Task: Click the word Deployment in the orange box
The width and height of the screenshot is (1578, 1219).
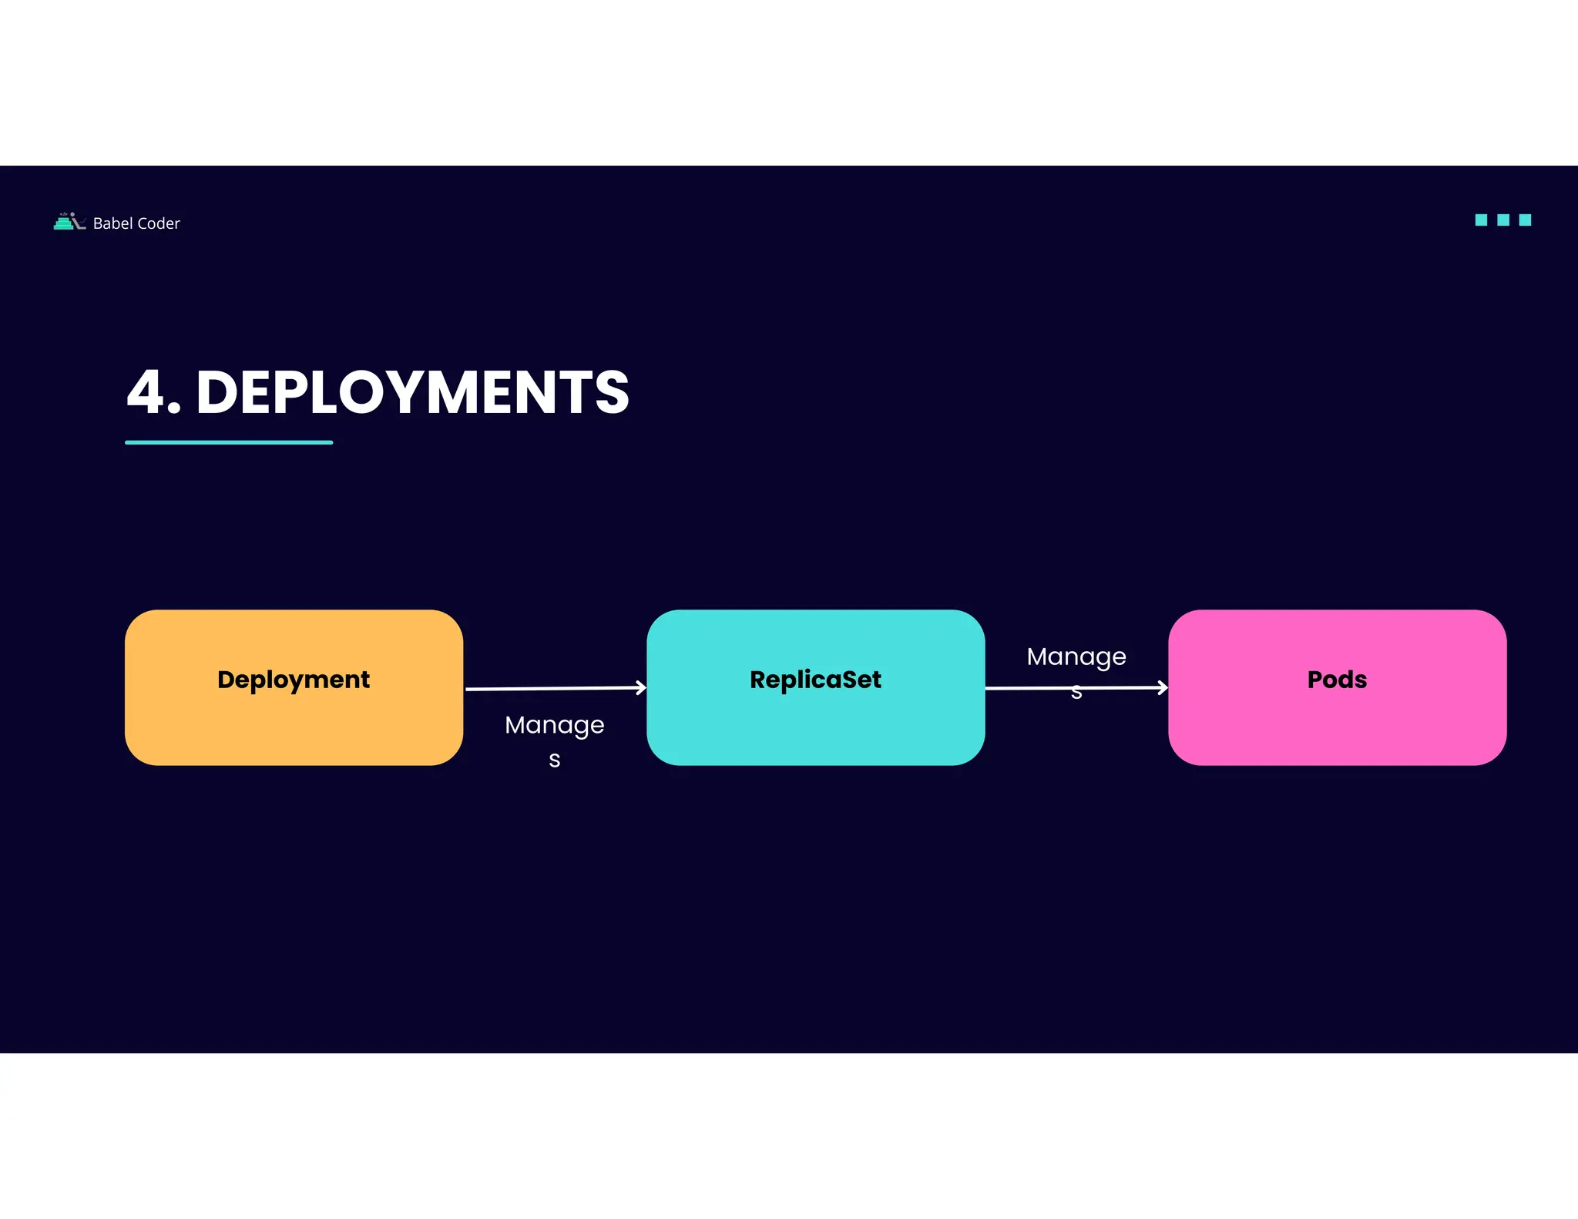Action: point(293,680)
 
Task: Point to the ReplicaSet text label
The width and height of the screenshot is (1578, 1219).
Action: point(815,680)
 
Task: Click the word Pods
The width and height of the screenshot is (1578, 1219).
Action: point(1337,680)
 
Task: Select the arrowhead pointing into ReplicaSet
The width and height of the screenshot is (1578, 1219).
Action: point(641,687)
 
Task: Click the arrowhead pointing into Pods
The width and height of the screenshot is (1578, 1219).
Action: point(1163,687)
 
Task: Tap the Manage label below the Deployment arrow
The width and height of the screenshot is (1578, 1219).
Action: point(554,725)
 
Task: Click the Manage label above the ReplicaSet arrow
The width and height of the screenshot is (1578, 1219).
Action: point(1076,657)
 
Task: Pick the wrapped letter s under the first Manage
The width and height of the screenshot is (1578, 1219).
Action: point(554,761)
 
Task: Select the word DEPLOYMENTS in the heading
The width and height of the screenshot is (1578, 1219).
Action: point(412,392)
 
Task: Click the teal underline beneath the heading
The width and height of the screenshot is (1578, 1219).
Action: point(229,442)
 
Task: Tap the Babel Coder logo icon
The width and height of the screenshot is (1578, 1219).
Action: point(68,222)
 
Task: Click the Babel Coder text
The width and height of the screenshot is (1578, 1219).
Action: point(136,223)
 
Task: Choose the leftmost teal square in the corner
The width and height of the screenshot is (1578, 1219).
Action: point(1481,220)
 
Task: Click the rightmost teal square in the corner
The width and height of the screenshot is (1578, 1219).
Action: point(1525,220)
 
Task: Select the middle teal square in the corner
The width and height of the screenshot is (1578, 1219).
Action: point(1502,220)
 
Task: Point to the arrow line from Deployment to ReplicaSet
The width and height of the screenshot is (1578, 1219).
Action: point(551,688)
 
